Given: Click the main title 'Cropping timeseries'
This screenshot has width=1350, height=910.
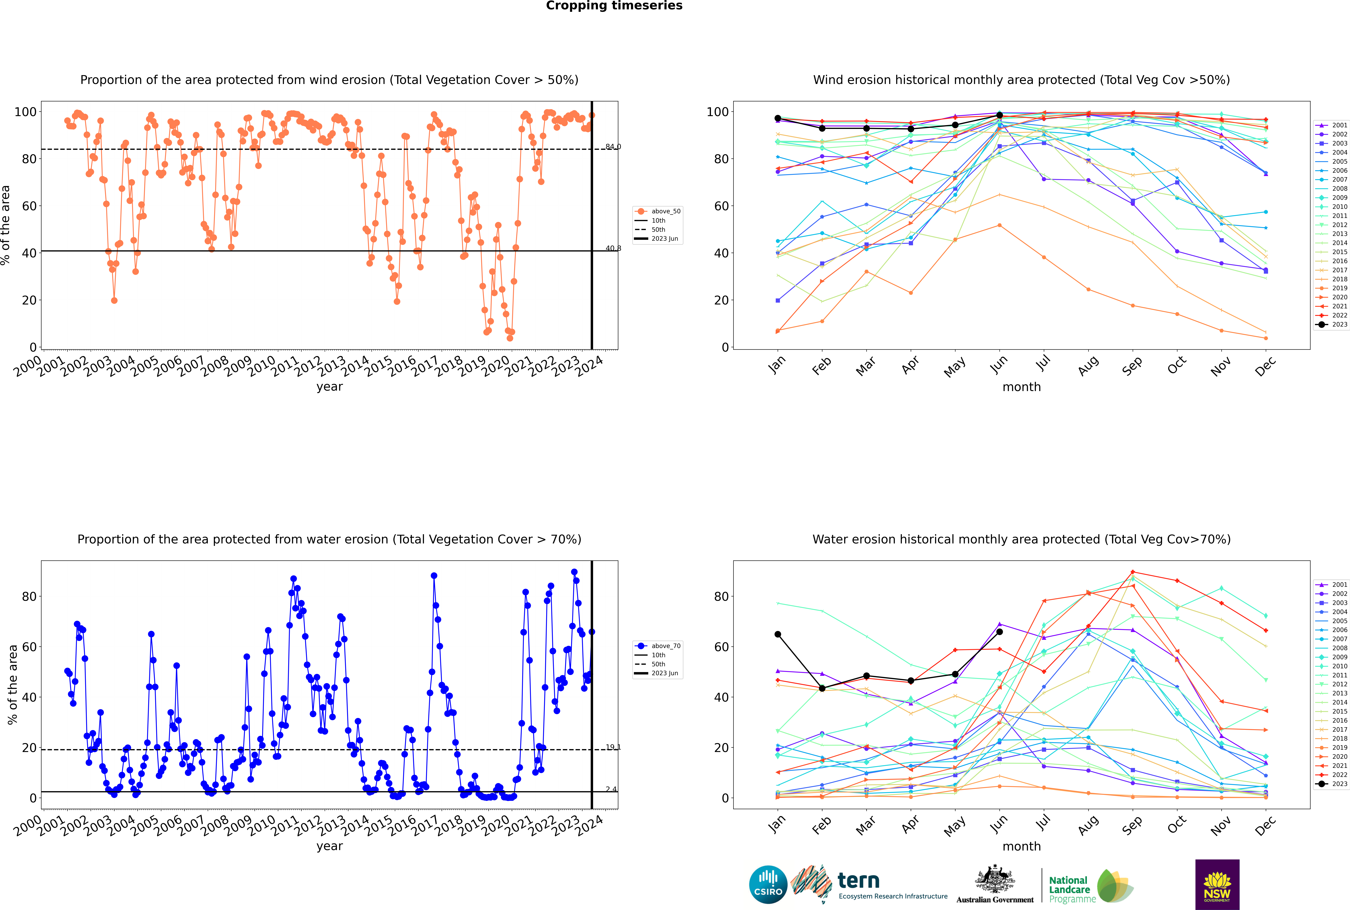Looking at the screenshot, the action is click(x=614, y=6).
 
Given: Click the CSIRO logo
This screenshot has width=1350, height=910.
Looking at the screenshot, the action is click(x=768, y=885).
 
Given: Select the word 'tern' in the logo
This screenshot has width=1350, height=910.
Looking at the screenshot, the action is click(x=858, y=880).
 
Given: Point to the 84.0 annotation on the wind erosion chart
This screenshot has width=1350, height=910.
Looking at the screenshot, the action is click(x=613, y=147).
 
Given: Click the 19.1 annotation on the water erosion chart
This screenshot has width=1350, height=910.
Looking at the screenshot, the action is click(x=613, y=747).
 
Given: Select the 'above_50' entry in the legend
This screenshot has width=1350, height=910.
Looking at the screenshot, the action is click(x=658, y=211).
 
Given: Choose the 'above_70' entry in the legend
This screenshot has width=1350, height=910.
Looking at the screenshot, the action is click(x=658, y=646).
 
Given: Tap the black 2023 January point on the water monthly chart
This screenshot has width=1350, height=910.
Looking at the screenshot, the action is click(x=778, y=634).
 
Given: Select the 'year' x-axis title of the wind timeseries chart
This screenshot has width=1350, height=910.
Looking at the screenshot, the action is click(x=330, y=387).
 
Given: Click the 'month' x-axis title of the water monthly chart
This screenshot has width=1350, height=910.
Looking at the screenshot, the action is click(x=1021, y=846).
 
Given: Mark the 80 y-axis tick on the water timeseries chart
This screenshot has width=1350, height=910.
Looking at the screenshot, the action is click(x=29, y=597).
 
